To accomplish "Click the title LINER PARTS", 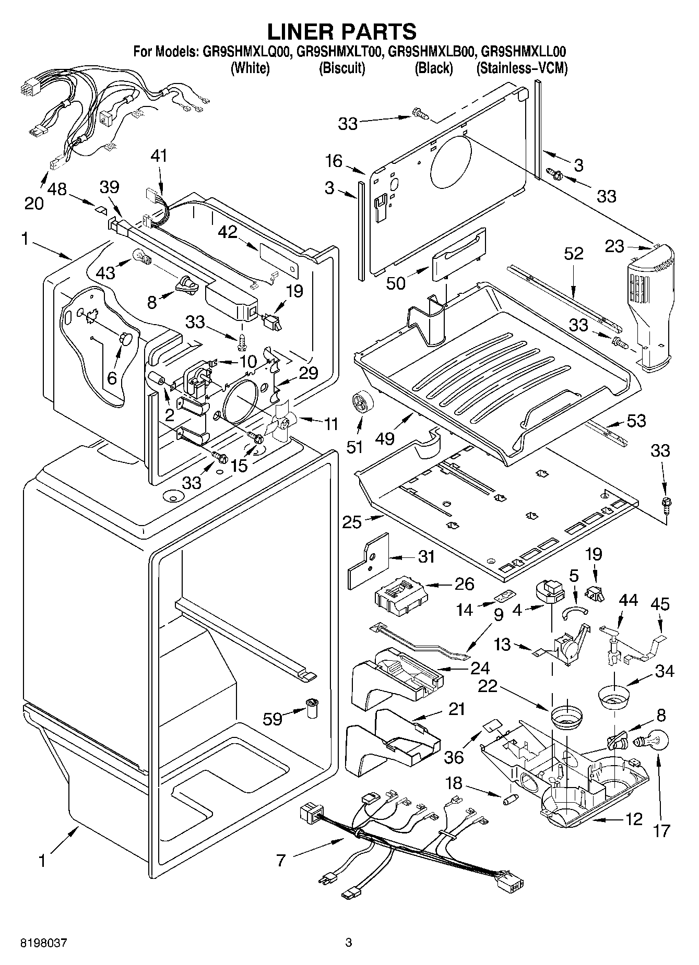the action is tap(342, 31).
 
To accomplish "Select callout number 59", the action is tap(273, 719).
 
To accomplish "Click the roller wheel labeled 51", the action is tap(360, 403).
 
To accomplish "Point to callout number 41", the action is tap(160, 156).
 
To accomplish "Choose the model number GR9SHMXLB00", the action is tap(431, 52).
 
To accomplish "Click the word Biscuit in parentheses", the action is tap(341, 68).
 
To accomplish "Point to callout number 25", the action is tap(352, 521).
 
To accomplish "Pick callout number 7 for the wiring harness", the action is tap(281, 860).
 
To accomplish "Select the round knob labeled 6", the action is tap(125, 338).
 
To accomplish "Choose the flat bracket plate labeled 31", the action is tap(369, 560).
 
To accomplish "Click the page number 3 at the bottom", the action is tap(349, 943).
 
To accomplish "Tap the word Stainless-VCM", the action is tap(522, 68).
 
